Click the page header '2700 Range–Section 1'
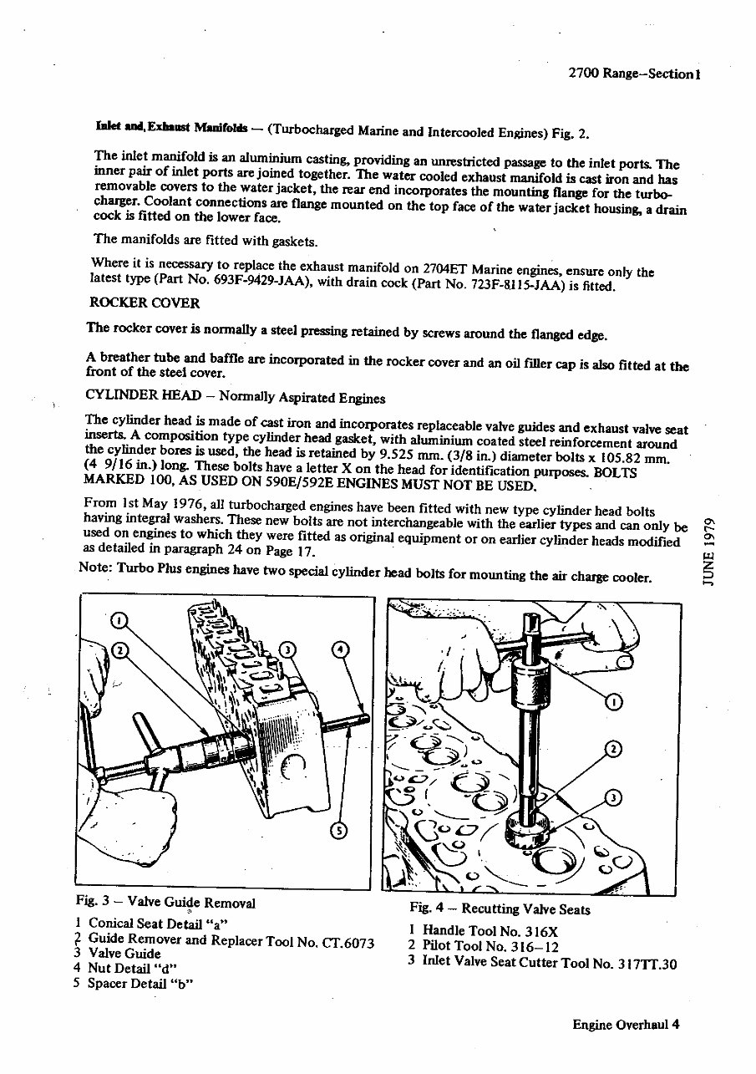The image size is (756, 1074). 632,74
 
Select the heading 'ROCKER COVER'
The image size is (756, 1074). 145,303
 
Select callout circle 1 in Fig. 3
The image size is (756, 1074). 119,620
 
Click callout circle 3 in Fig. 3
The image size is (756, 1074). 286,649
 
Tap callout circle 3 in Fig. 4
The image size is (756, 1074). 613,797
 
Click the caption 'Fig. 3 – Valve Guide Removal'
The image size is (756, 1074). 165,903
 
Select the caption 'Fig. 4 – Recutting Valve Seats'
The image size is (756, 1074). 500,909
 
